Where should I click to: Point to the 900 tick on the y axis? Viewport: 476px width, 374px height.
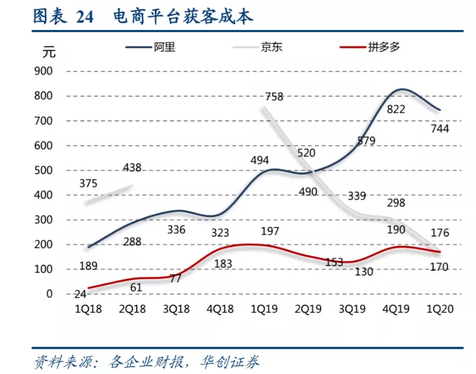click(45, 71)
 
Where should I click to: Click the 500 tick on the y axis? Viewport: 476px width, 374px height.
click(45, 170)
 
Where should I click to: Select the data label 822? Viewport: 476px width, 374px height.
click(395, 109)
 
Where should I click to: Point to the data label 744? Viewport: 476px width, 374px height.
click(439, 129)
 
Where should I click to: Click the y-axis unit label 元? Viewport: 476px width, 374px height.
click(49, 52)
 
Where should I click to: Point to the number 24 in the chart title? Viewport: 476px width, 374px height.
click(84, 17)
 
